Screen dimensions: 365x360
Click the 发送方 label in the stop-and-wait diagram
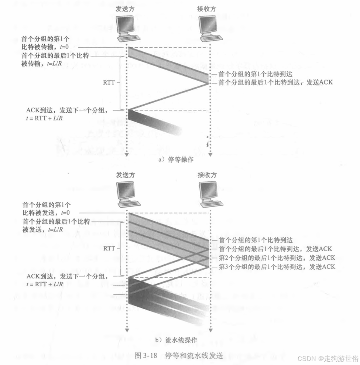pyautogui.click(x=125, y=9)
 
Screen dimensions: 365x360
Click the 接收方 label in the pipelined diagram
pyautogui.click(x=207, y=174)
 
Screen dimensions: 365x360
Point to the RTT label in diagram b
pyautogui.click(x=109, y=248)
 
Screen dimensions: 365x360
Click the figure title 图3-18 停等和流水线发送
pyautogui.click(x=179, y=355)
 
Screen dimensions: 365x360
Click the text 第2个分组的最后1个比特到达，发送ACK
pyautogui.click(x=277, y=257)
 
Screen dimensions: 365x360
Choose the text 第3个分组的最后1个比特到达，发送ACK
pyautogui.click(x=277, y=266)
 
